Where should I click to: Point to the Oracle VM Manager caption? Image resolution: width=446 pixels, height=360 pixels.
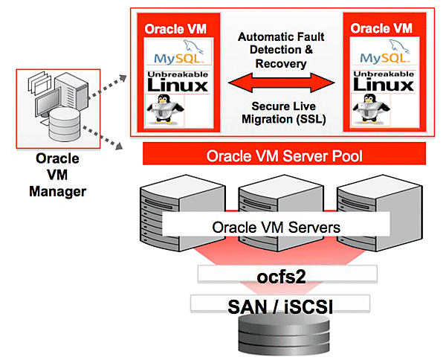(57, 174)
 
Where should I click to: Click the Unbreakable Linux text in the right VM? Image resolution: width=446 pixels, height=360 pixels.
(383, 81)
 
